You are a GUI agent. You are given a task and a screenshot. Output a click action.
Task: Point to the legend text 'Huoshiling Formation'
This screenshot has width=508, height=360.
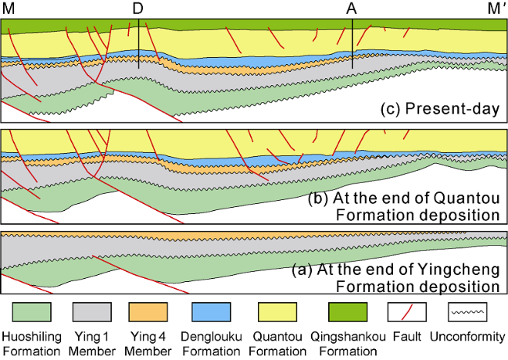(x=31, y=344)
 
